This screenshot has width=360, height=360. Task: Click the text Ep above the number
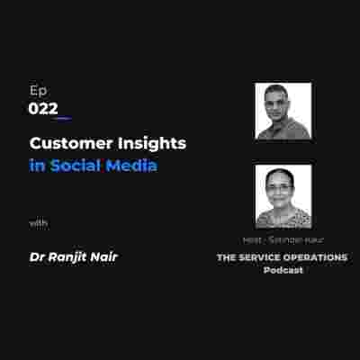tap(37, 91)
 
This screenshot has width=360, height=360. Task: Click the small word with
tap(38, 222)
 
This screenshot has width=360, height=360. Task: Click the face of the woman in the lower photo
tap(282, 192)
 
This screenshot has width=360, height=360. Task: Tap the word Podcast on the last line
tap(283, 270)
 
